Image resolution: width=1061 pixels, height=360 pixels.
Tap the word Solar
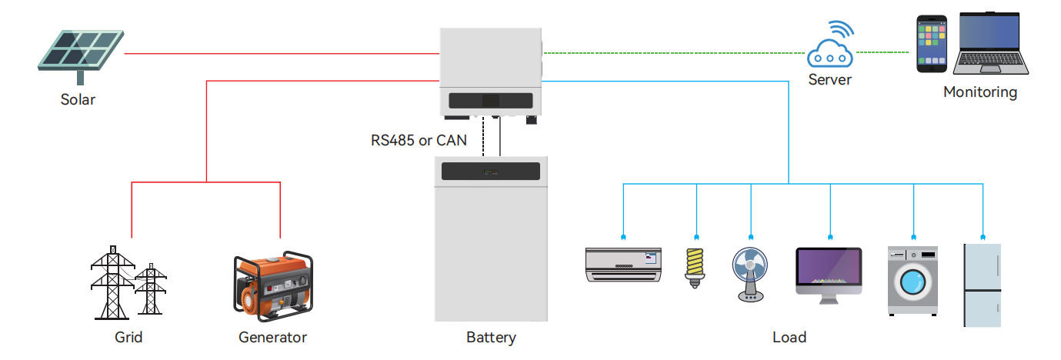[x=78, y=99]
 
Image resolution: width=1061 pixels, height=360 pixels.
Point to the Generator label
[x=272, y=337]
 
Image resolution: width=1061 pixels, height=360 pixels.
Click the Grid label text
[x=128, y=337]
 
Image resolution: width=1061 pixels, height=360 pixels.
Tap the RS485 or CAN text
[x=419, y=140]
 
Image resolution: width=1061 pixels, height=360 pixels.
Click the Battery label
[x=491, y=337]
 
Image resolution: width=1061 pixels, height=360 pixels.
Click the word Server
[x=830, y=79]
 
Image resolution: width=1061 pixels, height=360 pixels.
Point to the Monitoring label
[x=980, y=92]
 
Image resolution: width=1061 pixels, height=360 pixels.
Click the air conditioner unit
[x=622, y=264]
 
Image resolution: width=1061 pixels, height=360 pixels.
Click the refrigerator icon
[x=983, y=285]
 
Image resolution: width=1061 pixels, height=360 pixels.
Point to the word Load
[x=789, y=337]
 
